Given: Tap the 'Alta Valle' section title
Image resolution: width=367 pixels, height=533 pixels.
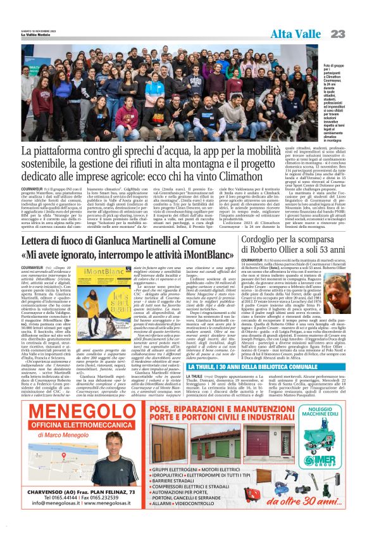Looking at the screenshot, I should pos(295,34).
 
